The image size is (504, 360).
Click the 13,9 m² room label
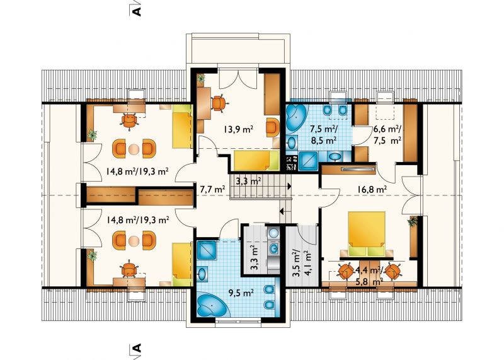238,129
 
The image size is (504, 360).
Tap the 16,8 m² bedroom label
372,190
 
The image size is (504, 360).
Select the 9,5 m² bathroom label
241,293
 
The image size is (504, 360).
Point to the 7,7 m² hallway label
212,190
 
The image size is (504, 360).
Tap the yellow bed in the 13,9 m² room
256,160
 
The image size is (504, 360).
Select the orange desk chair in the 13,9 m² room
219,103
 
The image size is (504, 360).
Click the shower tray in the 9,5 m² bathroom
207,250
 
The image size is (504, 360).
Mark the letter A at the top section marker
137,11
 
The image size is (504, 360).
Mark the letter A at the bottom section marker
137,348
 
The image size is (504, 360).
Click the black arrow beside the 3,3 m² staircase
289,186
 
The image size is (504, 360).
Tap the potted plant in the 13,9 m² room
201,79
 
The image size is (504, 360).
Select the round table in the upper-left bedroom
134,149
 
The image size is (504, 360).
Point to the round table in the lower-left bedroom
134,241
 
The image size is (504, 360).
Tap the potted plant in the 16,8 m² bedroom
413,222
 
